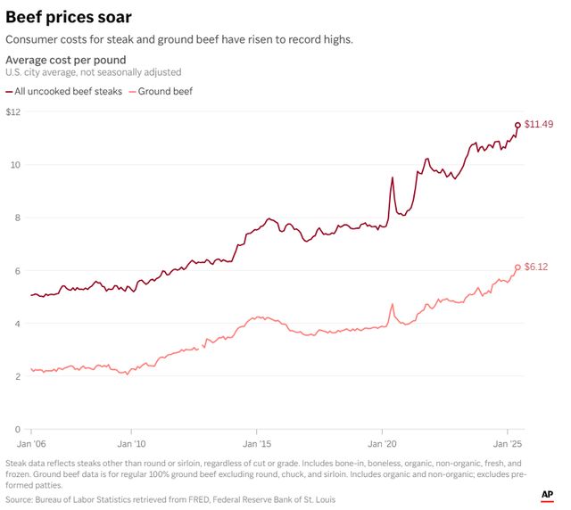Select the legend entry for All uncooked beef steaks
coord(70,91)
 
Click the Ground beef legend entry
coord(164,91)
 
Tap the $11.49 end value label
coord(538,124)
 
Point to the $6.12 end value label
coord(535,267)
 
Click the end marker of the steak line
coord(517,126)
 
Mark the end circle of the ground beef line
coord(517,267)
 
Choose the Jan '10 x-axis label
coord(131,443)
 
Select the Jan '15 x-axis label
coord(257,443)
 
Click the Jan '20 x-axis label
coord(383,443)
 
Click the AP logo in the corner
coord(547,494)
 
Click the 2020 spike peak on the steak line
coord(393,177)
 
